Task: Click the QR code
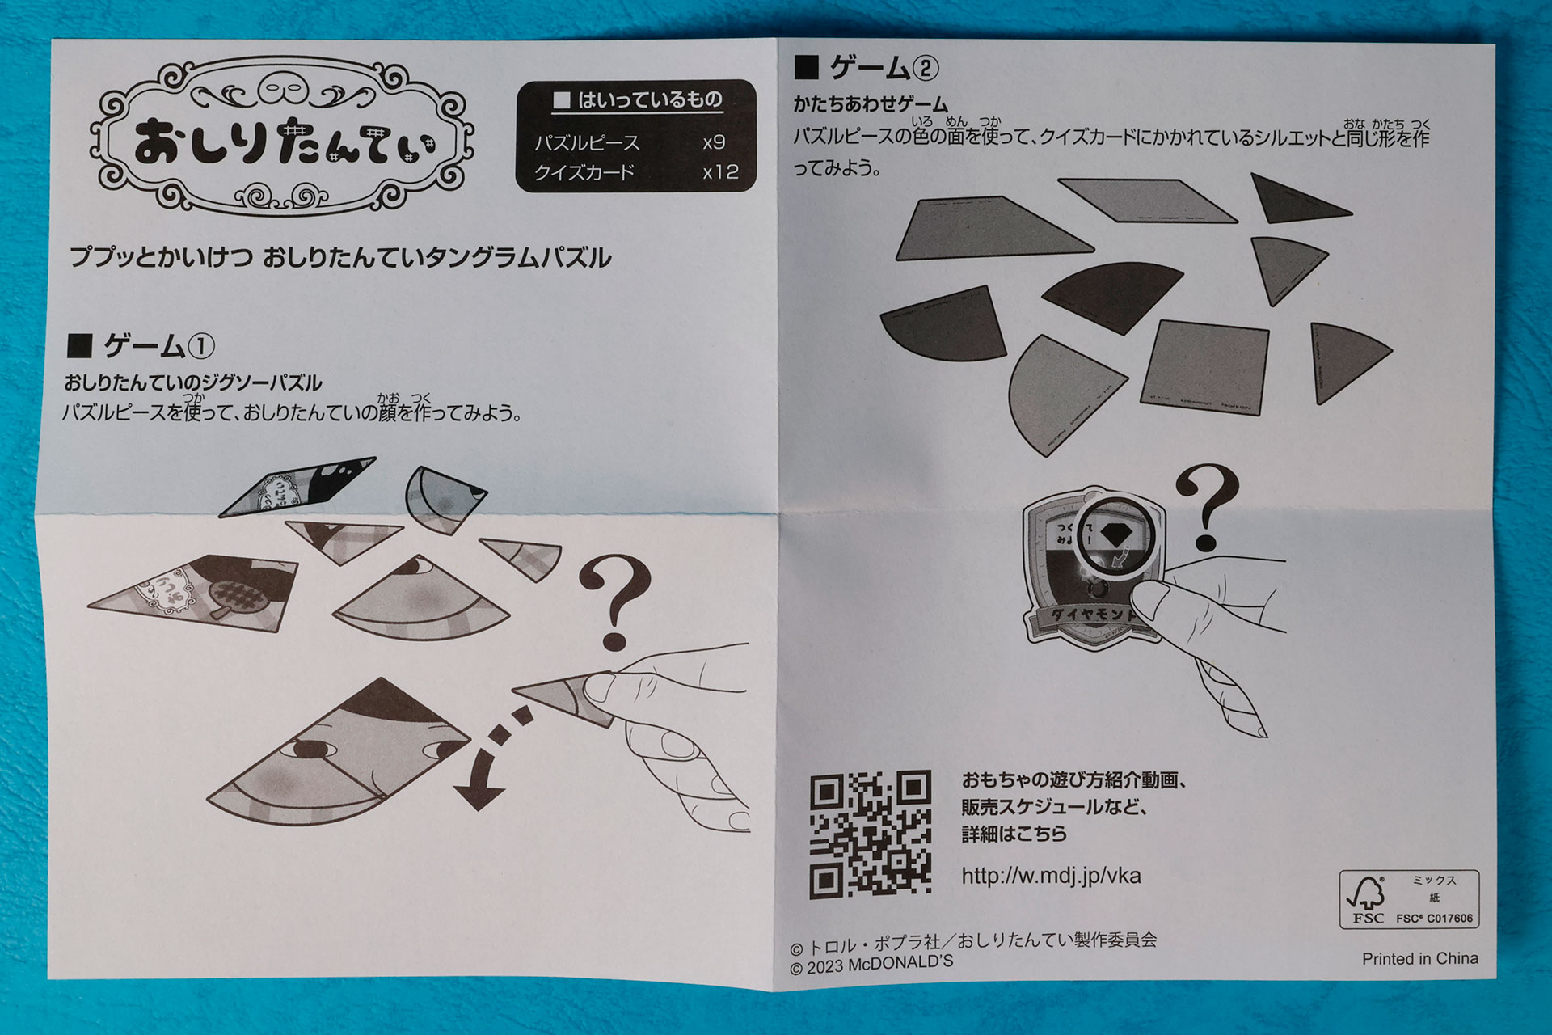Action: click(x=870, y=834)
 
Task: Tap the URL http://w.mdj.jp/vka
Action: click(x=1051, y=876)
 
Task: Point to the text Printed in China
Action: click(x=1419, y=959)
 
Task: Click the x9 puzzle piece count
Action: click(x=714, y=143)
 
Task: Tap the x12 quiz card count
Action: click(x=719, y=172)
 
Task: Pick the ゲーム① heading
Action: click(x=142, y=346)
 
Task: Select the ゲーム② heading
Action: click(x=868, y=68)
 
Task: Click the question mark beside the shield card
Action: click(x=1207, y=506)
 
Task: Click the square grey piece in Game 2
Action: click(x=1206, y=365)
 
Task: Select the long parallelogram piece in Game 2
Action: click(x=1146, y=200)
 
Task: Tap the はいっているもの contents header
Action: click(x=638, y=100)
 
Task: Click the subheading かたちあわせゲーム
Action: click(x=870, y=104)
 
